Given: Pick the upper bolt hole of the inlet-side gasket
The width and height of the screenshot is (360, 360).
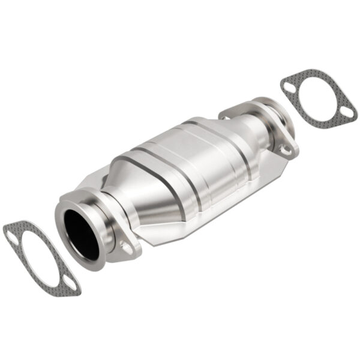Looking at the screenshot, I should [13, 238].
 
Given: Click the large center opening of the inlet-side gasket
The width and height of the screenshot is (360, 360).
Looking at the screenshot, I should [40, 259].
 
